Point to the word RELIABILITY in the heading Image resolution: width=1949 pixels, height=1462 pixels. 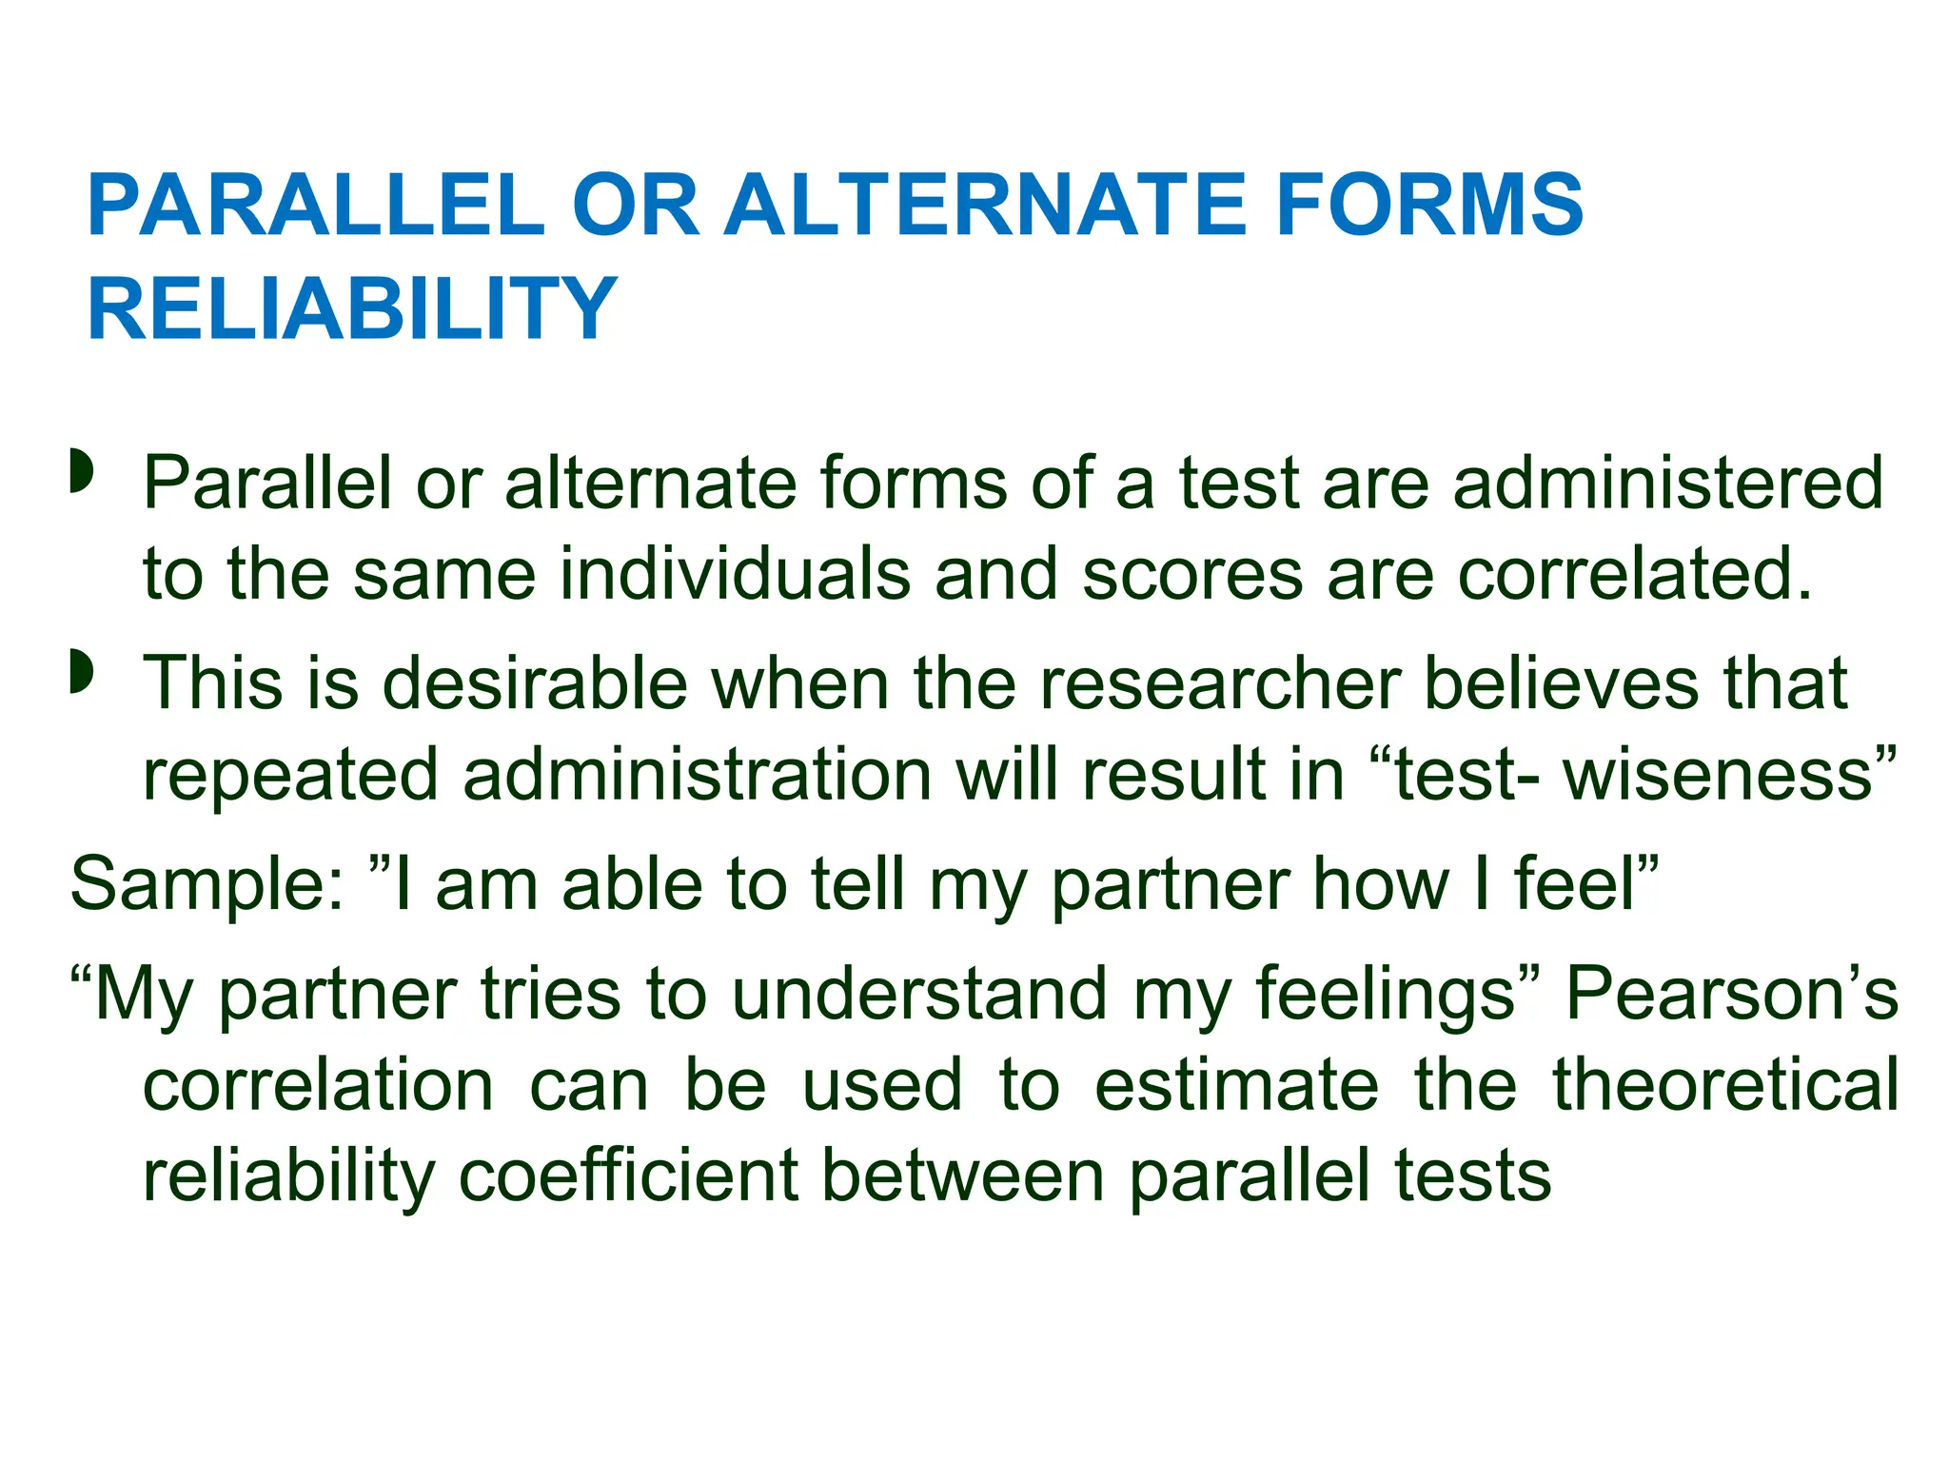[352, 308]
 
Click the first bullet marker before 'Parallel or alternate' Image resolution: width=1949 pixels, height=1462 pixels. [82, 473]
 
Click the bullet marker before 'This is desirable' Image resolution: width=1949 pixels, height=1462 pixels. [82, 672]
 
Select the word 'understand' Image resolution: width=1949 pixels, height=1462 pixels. [919, 994]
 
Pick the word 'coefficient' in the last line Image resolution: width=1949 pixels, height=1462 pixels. [628, 1176]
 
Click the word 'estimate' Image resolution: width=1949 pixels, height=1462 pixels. [1236, 1085]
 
